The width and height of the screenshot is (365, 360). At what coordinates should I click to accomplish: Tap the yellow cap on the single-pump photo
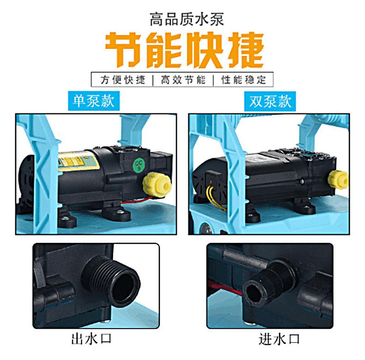coord(157,184)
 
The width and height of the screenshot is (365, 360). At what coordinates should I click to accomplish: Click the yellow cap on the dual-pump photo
coord(339,179)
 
